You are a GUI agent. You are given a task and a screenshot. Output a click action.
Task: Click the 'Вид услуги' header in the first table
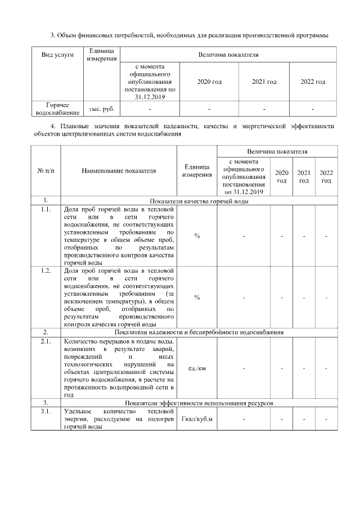click(x=58, y=55)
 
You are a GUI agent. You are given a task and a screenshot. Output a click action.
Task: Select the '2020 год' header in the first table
click(x=209, y=82)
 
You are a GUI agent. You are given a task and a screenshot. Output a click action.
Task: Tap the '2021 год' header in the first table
click(x=264, y=82)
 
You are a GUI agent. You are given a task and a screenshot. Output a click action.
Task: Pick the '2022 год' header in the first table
click(x=313, y=82)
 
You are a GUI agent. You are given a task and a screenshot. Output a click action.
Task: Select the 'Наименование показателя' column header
click(x=119, y=170)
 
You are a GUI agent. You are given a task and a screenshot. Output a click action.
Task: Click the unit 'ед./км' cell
click(x=197, y=368)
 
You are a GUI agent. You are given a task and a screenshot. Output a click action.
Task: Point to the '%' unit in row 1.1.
click(x=197, y=236)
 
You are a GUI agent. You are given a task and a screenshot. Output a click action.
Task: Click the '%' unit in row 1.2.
click(x=197, y=297)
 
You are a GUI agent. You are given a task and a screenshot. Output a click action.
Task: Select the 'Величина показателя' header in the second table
click(x=277, y=152)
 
